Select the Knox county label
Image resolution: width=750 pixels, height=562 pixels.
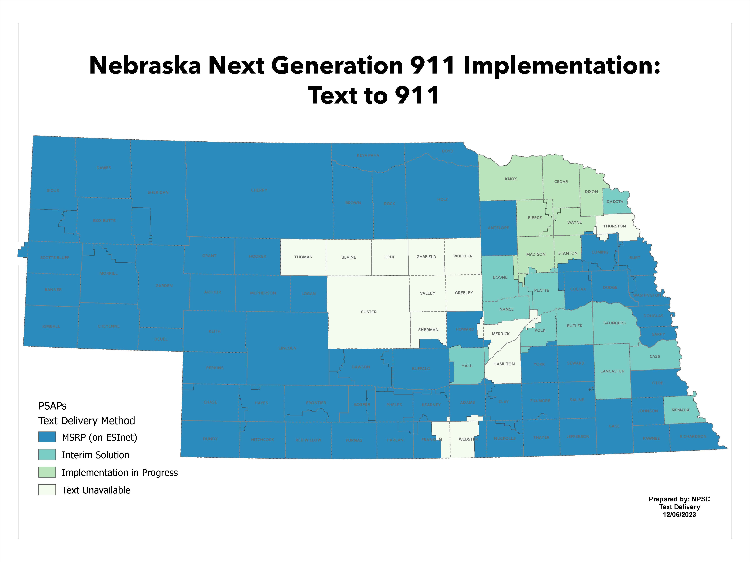(511, 179)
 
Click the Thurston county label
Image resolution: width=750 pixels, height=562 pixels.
(614, 226)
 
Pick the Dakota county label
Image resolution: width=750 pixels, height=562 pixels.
(615, 202)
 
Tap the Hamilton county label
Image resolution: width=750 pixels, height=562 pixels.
(504, 364)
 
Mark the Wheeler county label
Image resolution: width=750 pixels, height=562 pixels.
(462, 256)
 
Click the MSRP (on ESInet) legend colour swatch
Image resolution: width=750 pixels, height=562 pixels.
(47, 437)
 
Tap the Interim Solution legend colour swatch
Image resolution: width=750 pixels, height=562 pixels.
(47, 455)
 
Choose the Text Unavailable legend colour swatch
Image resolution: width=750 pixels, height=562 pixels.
(47, 490)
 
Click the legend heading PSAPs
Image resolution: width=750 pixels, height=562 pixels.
(52, 406)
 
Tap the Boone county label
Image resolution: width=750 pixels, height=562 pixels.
(500, 277)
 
